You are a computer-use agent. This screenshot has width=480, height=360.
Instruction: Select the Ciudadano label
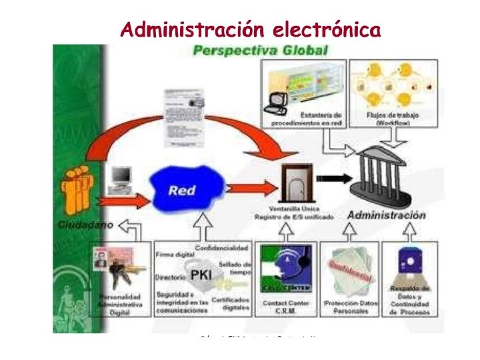click(x=85, y=224)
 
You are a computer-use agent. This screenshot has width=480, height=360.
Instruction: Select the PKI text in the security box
click(x=202, y=275)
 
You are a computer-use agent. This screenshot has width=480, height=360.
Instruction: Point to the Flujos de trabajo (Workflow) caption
click(x=393, y=119)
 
